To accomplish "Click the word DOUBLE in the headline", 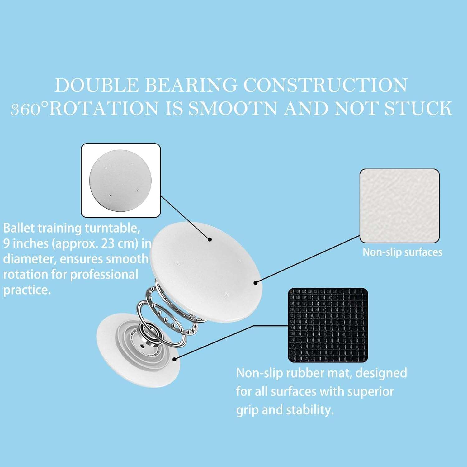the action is point(97,85).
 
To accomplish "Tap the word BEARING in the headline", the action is point(191,85).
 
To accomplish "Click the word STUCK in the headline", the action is point(418,108).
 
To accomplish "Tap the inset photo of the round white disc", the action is point(121,180).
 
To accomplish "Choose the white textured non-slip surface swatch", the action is point(399,206).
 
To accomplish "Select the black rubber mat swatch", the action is point(328,325).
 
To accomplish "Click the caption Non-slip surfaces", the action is point(402,252).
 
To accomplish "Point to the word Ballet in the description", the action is point(19,228).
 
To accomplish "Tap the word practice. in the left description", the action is point(27,290).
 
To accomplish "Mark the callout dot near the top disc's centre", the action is point(210,239).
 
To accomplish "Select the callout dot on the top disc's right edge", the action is point(256,283).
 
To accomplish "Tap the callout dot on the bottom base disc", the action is point(175,359).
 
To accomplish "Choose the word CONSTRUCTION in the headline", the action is point(325,85).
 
